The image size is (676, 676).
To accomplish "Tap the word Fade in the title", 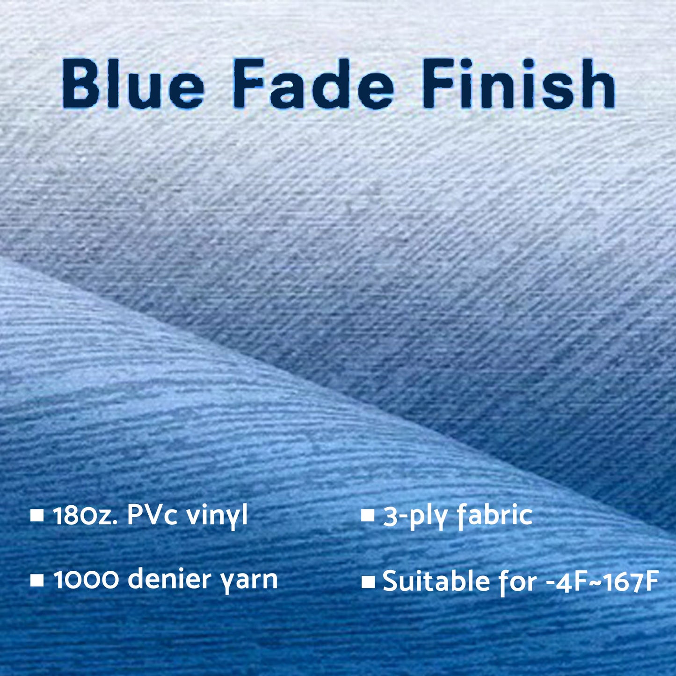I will pyautogui.click(x=313, y=84).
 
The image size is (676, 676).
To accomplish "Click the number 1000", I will pyautogui.click(x=87, y=580).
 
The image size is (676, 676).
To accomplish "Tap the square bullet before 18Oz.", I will pyautogui.click(x=36, y=516).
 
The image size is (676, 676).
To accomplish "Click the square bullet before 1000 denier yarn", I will pyautogui.click(x=36, y=581).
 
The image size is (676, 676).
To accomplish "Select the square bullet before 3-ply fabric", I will pyautogui.click(x=368, y=516).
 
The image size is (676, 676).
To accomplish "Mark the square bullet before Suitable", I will pyautogui.click(x=368, y=582).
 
